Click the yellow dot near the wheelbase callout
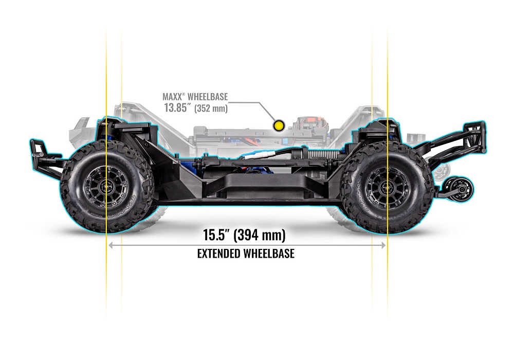[x=279, y=124]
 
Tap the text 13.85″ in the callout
[x=179, y=108]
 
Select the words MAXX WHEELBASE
[x=195, y=97]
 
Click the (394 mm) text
[x=259, y=236]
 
